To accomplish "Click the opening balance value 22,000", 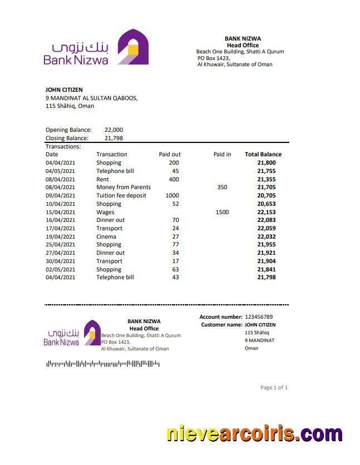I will click(x=114, y=130).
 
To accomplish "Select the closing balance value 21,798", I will click(x=114, y=138).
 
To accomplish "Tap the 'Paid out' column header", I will click(x=170, y=155).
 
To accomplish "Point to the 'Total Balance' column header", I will click(x=263, y=155).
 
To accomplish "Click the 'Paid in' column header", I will click(x=222, y=155).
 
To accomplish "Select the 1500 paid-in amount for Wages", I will click(x=222, y=212).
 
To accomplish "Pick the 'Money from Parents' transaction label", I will click(x=124, y=187).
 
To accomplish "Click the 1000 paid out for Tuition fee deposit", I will click(x=172, y=196).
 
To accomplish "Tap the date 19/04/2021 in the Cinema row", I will click(x=60, y=236).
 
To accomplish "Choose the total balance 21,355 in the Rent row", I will click(x=267, y=180).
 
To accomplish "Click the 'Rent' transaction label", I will click(x=102, y=180).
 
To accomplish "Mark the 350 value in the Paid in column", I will click(x=222, y=187).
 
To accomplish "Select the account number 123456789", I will click(x=267, y=317).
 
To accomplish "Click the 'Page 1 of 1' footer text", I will click(x=274, y=388).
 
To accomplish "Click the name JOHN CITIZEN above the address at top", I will click(x=64, y=90).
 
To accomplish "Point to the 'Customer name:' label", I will click(x=221, y=324).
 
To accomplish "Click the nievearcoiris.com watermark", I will click(x=254, y=434).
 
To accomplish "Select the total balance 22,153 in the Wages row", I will click(x=267, y=212).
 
